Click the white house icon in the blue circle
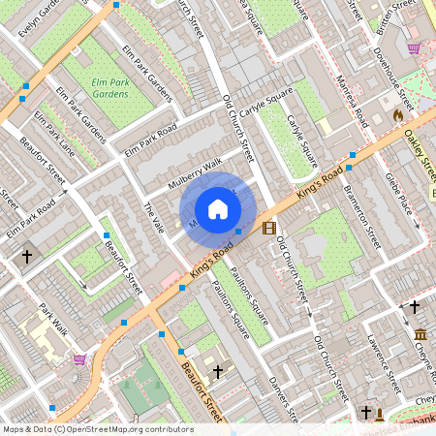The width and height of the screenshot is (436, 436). click(218, 209)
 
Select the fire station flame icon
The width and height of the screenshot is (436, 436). click(396, 114)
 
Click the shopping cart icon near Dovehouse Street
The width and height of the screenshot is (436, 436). click(414, 48)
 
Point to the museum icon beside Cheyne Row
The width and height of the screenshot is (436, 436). click(420, 335)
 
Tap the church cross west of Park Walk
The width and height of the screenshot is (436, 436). click(26, 257)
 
